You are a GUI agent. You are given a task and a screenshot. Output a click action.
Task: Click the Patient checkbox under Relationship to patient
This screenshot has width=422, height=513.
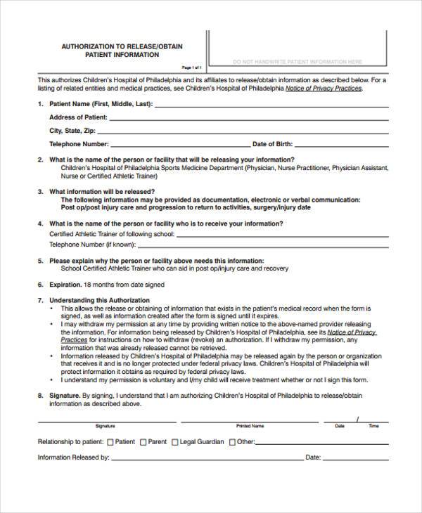(x=110, y=442)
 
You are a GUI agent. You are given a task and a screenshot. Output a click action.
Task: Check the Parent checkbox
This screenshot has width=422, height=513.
(x=143, y=442)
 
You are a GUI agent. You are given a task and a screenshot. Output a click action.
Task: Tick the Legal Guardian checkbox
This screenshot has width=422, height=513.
(x=175, y=442)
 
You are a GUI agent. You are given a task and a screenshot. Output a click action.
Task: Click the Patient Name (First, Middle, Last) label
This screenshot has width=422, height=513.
(x=101, y=103)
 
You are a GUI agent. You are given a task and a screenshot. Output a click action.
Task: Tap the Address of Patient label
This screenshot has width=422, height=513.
(x=77, y=117)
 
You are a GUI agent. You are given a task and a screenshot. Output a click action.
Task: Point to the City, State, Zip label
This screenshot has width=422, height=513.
(x=72, y=130)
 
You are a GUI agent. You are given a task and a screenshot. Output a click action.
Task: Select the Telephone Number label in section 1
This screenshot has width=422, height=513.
(x=79, y=143)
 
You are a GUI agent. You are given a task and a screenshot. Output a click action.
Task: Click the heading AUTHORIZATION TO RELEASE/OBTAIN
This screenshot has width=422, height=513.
(x=122, y=46)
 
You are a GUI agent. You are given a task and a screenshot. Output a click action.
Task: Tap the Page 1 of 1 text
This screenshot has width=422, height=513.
(x=192, y=67)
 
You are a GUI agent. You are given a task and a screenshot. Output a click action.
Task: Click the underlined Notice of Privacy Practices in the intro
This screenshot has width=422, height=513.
(x=328, y=89)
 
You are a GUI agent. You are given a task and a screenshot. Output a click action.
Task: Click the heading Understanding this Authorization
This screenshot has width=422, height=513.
(x=99, y=300)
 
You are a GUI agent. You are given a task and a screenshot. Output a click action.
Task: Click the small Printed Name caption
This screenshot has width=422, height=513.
(x=250, y=426)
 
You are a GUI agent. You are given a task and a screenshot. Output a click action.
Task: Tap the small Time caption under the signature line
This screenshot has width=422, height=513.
(x=373, y=426)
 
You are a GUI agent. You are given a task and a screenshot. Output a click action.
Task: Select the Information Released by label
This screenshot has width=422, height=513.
(x=73, y=457)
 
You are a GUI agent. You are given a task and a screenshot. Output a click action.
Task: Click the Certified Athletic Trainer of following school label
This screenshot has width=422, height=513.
(x=110, y=233)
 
